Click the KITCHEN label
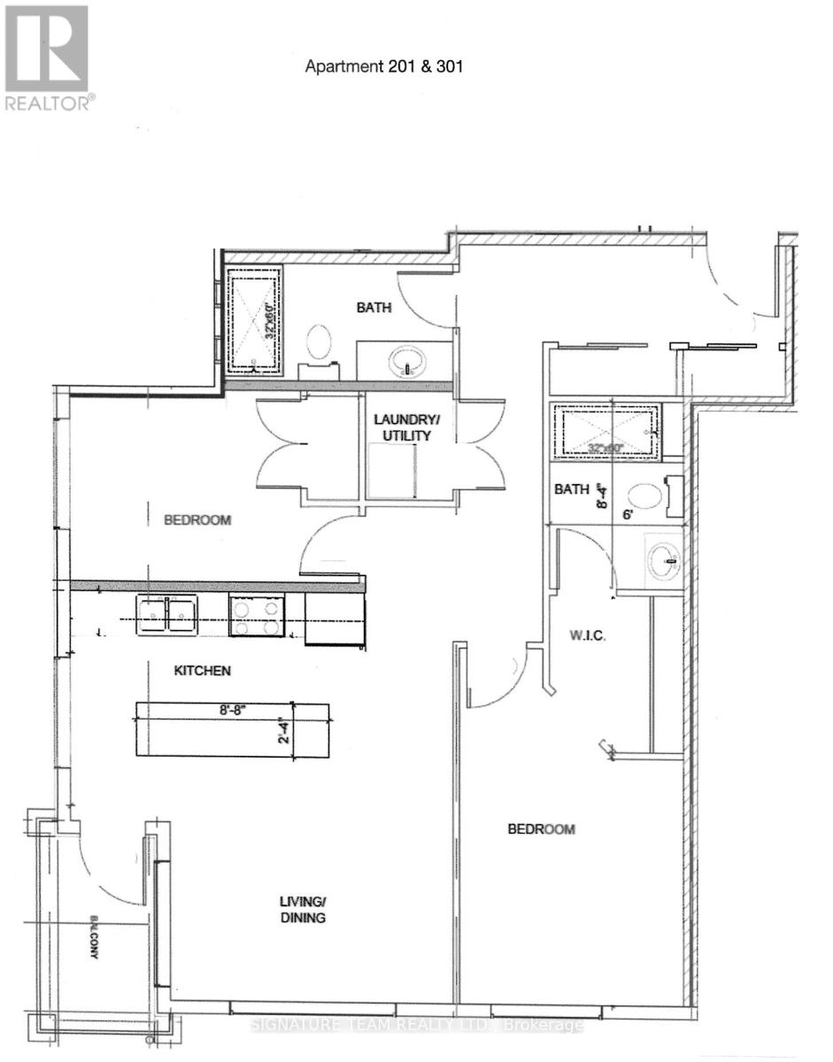[202, 671]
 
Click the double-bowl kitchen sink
[166, 614]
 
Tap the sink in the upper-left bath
[407, 361]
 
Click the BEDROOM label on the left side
[197, 520]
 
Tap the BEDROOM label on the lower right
[541, 829]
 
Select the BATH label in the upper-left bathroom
[372, 308]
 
